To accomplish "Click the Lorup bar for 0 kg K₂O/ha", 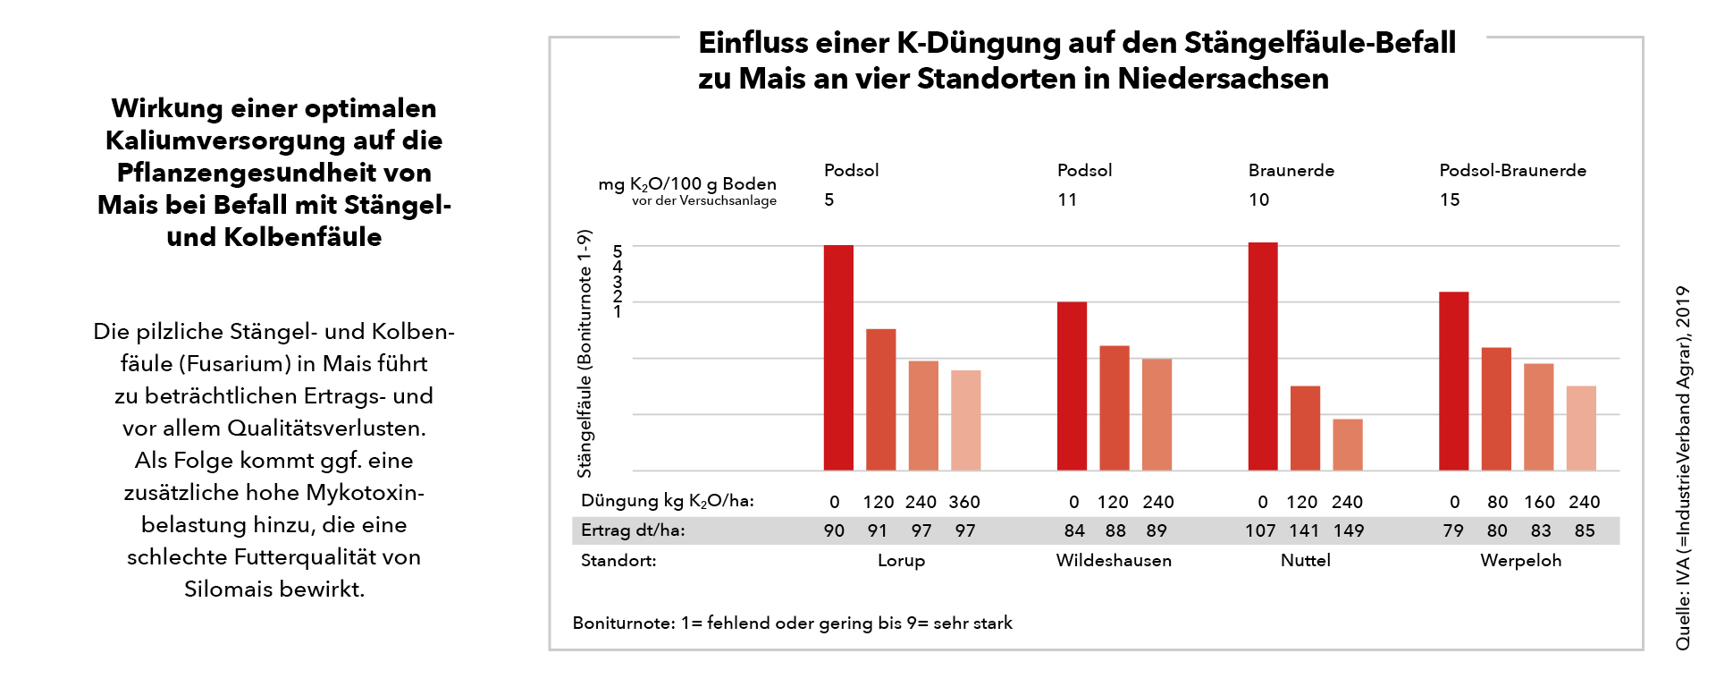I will [838, 358].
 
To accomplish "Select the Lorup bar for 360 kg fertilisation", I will [965, 420].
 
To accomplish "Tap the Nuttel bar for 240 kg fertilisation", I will [1348, 445].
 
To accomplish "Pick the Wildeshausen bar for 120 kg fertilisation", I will [1114, 408].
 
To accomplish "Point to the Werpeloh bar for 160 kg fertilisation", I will [1538, 417].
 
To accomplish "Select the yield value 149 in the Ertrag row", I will [1349, 530].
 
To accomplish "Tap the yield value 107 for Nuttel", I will [1260, 530].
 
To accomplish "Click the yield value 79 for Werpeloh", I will [1453, 530].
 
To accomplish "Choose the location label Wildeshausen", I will [1114, 561].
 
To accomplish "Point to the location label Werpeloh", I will [1520, 561].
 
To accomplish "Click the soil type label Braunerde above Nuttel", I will [1291, 170].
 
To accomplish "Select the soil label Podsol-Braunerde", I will [1512, 170].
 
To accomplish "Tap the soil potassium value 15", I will [1450, 199].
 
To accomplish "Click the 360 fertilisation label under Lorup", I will [964, 502].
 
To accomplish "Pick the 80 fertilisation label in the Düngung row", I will [1497, 502].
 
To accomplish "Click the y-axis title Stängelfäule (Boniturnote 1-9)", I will [585, 353].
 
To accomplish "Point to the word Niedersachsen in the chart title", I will [1223, 79].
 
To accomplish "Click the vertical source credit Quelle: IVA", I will [1683, 468].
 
